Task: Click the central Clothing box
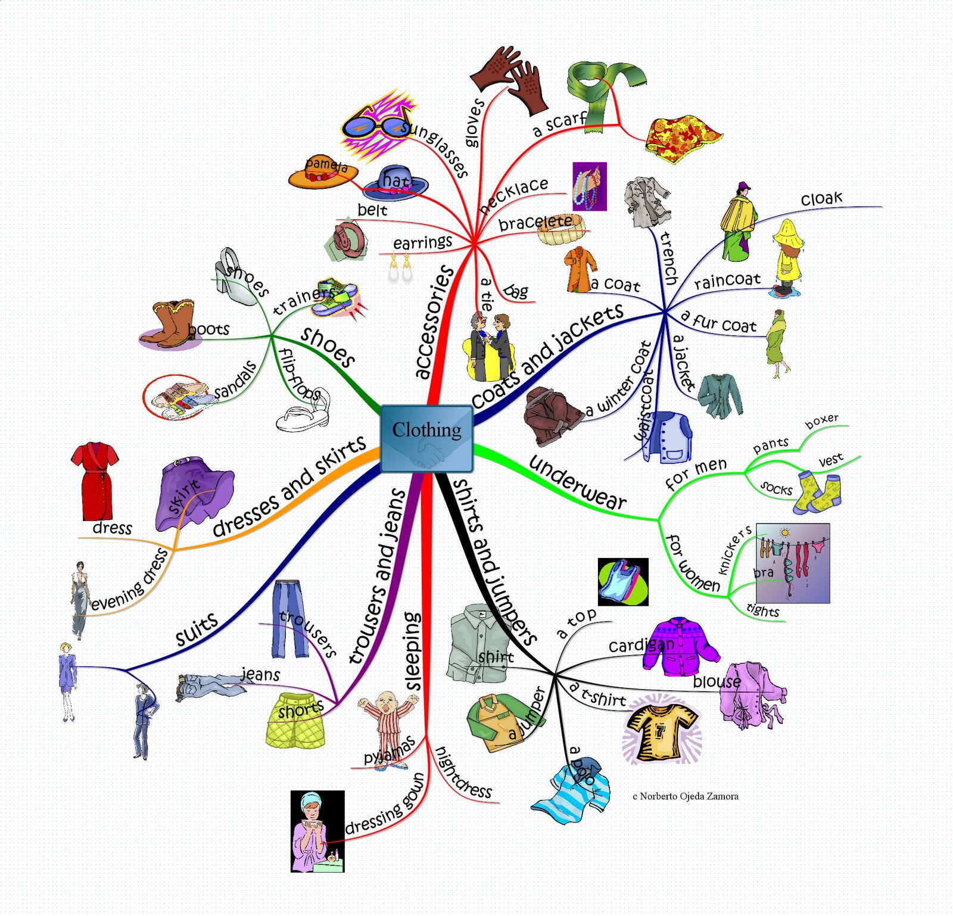tap(426, 438)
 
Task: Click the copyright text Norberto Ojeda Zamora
tap(686, 796)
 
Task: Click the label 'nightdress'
tap(463, 772)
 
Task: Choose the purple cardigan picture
tap(681, 646)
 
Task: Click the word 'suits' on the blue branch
tap(197, 628)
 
